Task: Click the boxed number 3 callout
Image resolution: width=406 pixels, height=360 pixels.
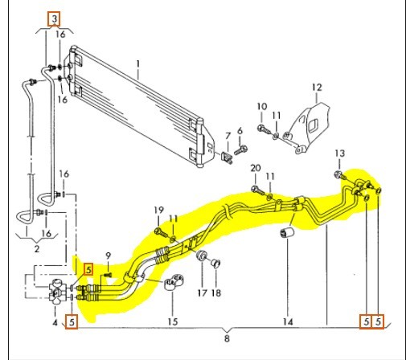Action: pyautogui.click(x=54, y=19)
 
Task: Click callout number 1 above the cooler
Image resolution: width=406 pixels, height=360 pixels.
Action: pyautogui.click(x=138, y=64)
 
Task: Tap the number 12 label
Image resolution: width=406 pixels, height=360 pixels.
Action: pyautogui.click(x=317, y=88)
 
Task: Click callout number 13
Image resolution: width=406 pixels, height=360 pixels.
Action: pyautogui.click(x=340, y=153)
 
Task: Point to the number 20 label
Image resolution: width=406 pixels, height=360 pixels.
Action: pyautogui.click(x=256, y=168)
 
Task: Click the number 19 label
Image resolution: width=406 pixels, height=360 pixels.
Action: pyautogui.click(x=159, y=210)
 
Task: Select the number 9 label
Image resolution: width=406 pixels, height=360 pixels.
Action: pyautogui.click(x=108, y=256)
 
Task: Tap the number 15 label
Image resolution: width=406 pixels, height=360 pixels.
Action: pyautogui.click(x=173, y=321)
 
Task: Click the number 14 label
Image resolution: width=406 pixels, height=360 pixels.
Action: pyautogui.click(x=288, y=321)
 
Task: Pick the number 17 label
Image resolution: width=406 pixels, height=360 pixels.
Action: pyautogui.click(x=203, y=293)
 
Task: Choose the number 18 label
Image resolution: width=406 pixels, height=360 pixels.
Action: pyautogui.click(x=216, y=293)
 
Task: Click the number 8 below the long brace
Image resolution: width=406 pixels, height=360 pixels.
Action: pyautogui.click(x=227, y=338)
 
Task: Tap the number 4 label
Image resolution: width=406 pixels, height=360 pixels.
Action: pyautogui.click(x=55, y=322)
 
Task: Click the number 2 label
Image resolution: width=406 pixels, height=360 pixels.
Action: pyautogui.click(x=37, y=249)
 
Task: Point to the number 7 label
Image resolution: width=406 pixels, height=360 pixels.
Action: pyautogui.click(x=228, y=136)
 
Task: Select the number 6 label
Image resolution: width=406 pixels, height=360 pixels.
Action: pyautogui.click(x=240, y=131)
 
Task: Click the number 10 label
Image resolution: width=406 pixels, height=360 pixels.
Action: pyautogui.click(x=262, y=107)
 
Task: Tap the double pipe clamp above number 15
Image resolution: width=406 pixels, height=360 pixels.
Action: pyautogui.click(x=174, y=283)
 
